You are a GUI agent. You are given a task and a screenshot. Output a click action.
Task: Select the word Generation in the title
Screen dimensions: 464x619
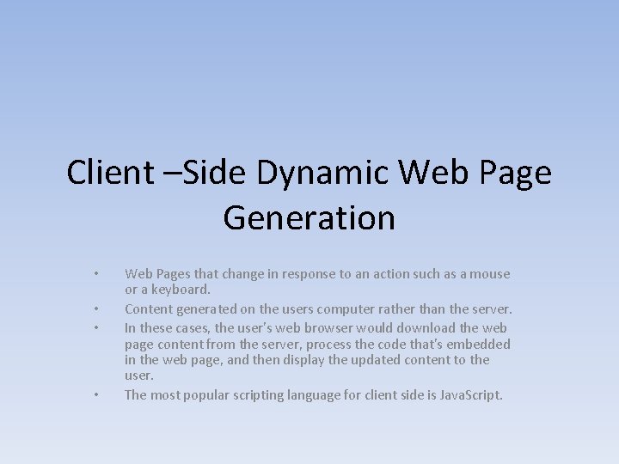(x=309, y=218)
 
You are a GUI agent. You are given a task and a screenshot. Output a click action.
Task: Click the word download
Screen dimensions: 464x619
(x=422, y=327)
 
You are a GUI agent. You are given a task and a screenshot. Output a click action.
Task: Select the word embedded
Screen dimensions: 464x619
(x=478, y=344)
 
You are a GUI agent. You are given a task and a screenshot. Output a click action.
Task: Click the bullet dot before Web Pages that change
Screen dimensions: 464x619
(x=97, y=275)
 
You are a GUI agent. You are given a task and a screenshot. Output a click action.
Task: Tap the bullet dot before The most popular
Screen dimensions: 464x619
(x=97, y=395)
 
